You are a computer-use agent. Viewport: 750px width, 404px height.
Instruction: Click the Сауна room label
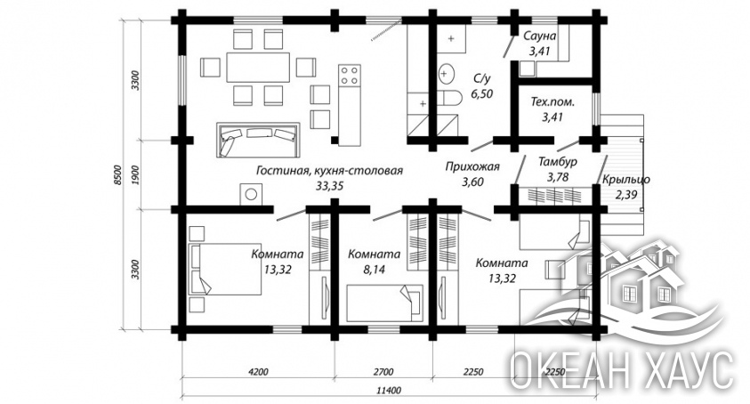[x=540, y=36]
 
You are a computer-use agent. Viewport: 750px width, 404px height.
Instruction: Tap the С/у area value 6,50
[x=481, y=93]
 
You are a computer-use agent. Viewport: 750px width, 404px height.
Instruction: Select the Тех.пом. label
[x=552, y=102]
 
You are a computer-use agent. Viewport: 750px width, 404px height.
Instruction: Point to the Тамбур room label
[x=558, y=161]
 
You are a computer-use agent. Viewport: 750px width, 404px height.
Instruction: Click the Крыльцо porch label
[x=625, y=180]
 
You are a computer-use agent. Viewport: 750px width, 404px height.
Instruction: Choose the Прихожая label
[x=472, y=166]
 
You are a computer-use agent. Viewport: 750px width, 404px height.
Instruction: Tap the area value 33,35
[x=329, y=186]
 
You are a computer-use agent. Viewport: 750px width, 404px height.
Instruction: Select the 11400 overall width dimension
[x=389, y=390]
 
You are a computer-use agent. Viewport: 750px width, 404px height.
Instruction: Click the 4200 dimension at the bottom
[x=258, y=371]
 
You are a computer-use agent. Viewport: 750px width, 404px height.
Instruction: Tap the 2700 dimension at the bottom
[x=383, y=371]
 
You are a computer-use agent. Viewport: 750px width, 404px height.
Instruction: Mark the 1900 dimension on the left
[x=135, y=174]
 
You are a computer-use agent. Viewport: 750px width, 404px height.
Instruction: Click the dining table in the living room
[x=258, y=67]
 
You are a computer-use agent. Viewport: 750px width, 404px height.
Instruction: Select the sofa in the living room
[x=258, y=140]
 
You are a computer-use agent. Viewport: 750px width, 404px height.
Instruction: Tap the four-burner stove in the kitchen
[x=350, y=75]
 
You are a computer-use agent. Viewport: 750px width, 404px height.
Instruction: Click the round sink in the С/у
[x=446, y=74]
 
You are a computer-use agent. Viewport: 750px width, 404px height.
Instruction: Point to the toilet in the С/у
[x=449, y=98]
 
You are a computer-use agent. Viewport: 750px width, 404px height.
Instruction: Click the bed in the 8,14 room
[x=385, y=303]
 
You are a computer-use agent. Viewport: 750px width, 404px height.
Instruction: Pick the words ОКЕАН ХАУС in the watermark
[x=620, y=370]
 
